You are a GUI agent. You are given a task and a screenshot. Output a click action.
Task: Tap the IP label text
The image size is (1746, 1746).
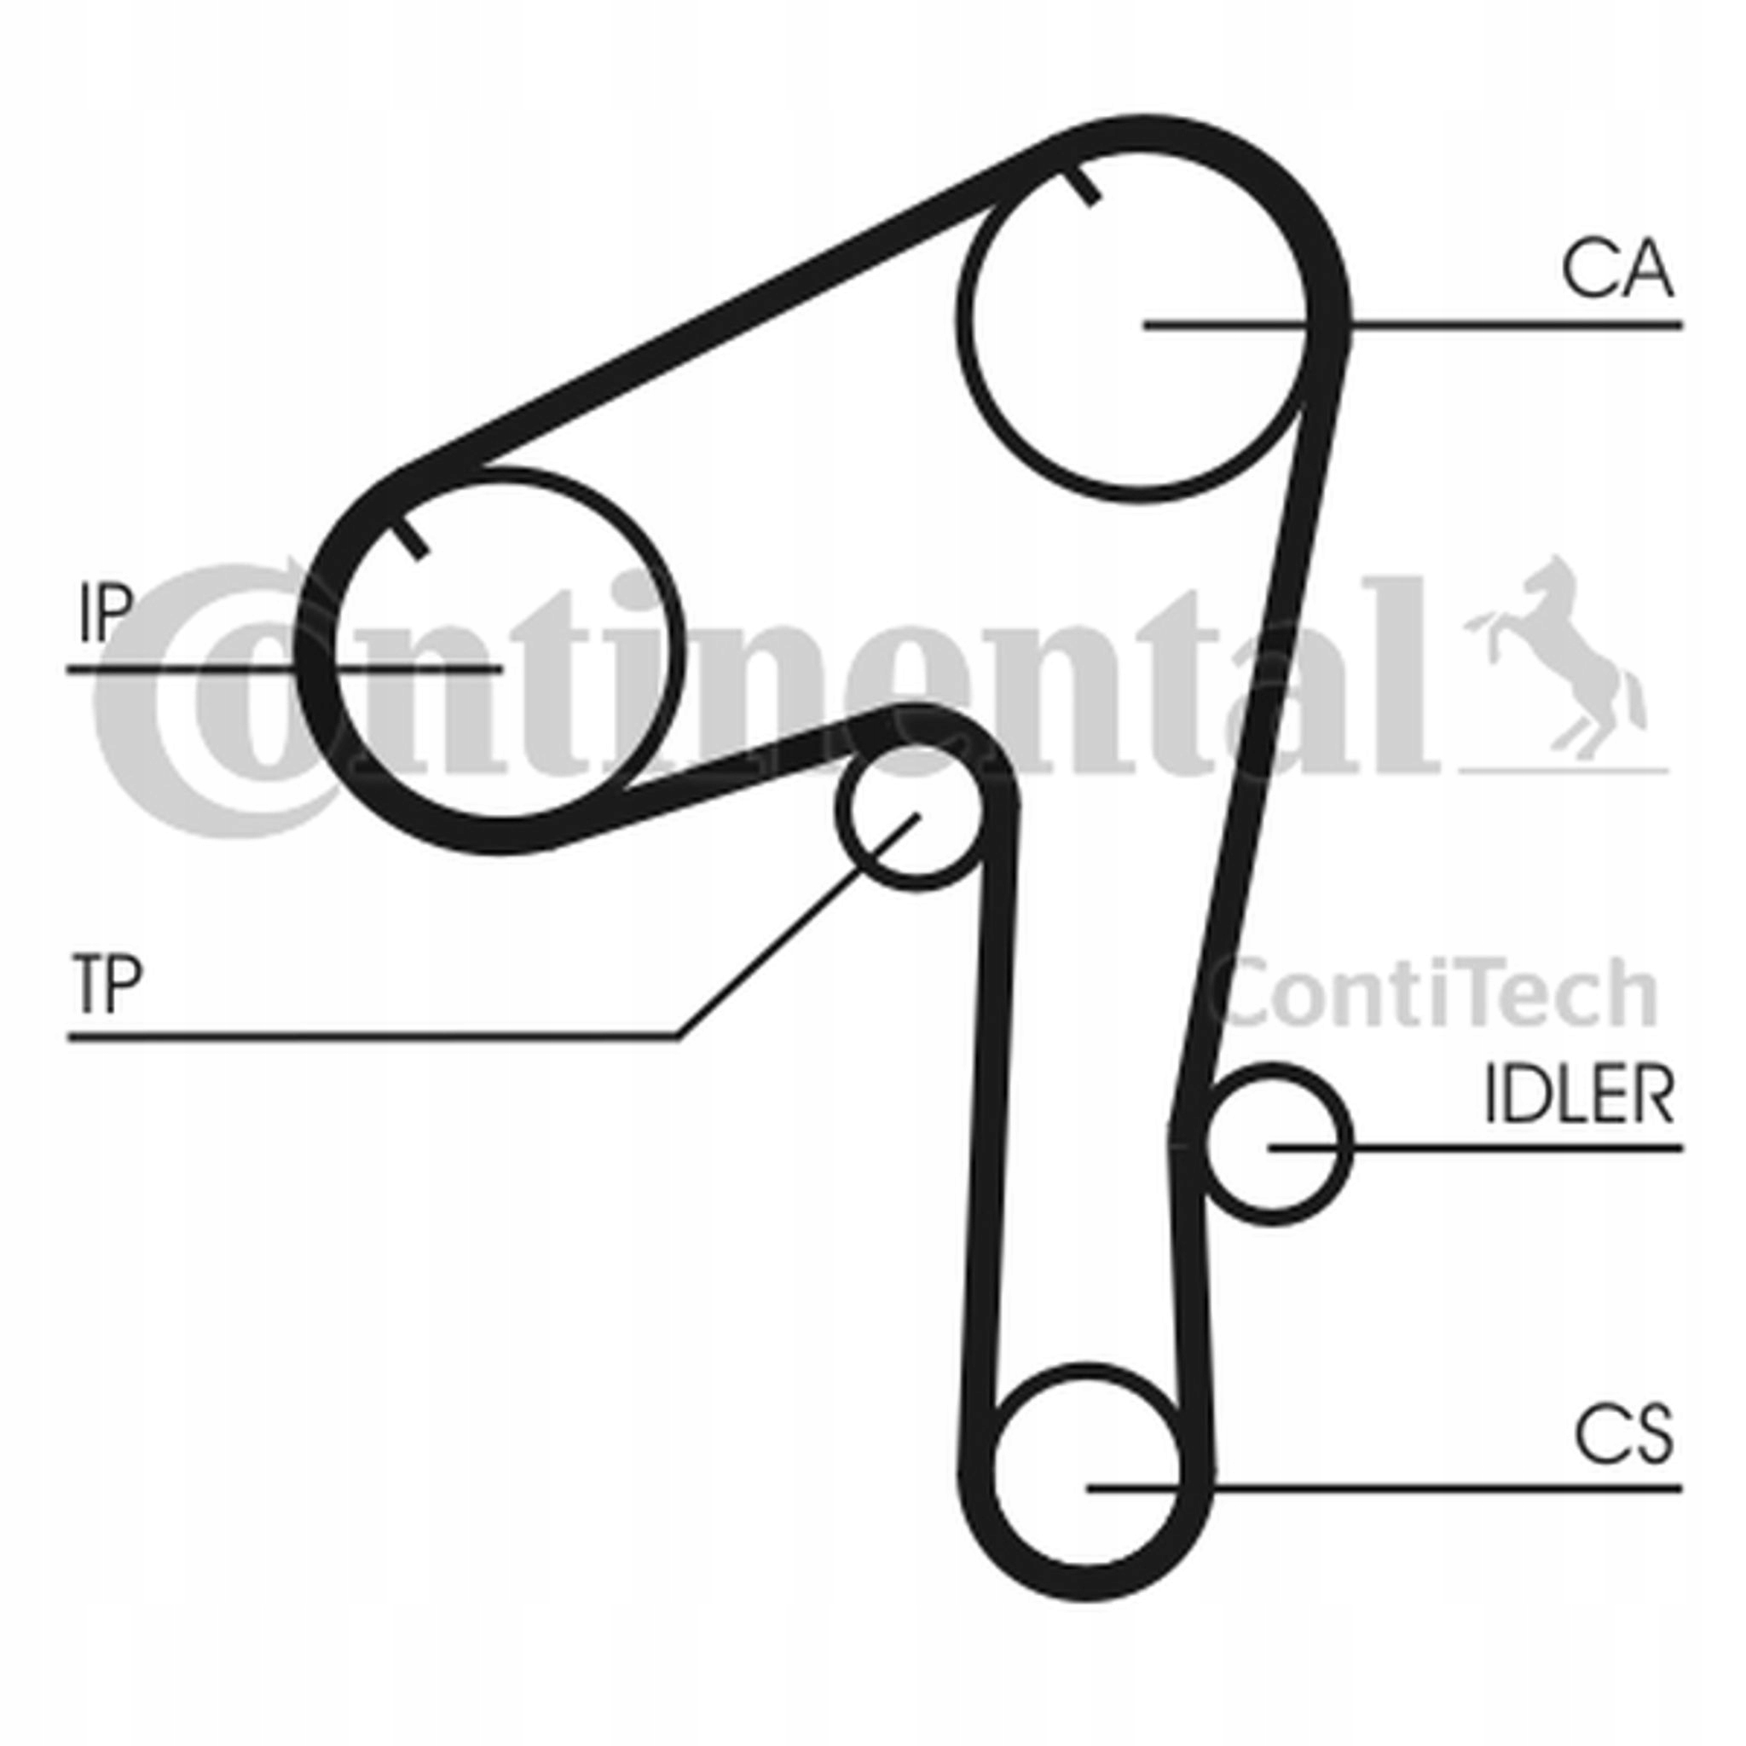click(106, 613)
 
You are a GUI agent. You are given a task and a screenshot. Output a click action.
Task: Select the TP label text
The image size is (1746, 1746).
click(106, 985)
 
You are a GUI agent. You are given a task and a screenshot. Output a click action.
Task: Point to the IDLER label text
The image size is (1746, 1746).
click(1579, 1096)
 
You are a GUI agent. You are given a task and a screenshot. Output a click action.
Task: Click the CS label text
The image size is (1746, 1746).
click(1623, 1435)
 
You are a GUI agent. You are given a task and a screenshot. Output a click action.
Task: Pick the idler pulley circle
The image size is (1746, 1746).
click(1275, 1146)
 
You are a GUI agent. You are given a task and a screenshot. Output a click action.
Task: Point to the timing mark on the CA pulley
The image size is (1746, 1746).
click(1083, 185)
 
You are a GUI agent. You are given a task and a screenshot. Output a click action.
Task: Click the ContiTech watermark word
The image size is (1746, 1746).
click(1437, 994)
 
